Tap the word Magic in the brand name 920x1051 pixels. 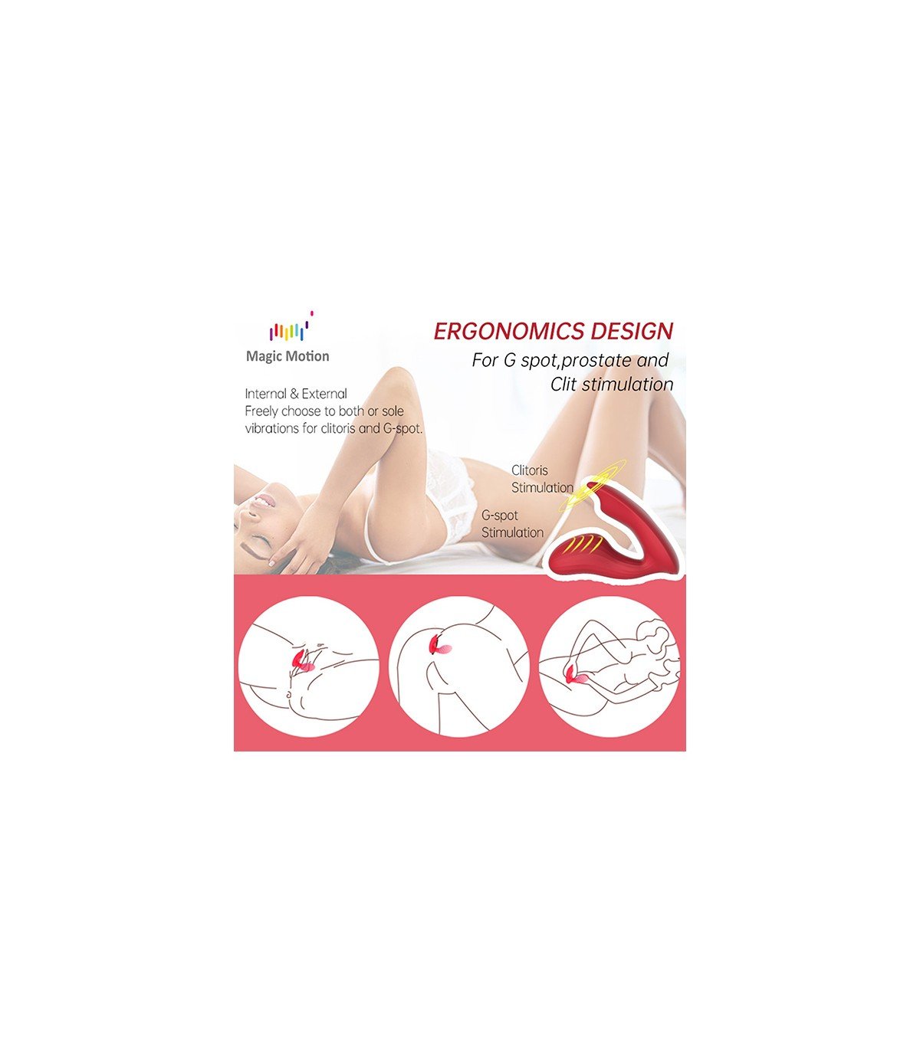(261, 357)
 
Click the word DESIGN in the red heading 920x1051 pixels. (632, 332)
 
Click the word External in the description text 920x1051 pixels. (324, 394)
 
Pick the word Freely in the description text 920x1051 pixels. (261, 411)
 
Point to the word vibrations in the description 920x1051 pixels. (271, 428)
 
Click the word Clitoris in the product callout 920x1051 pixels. (530, 470)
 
